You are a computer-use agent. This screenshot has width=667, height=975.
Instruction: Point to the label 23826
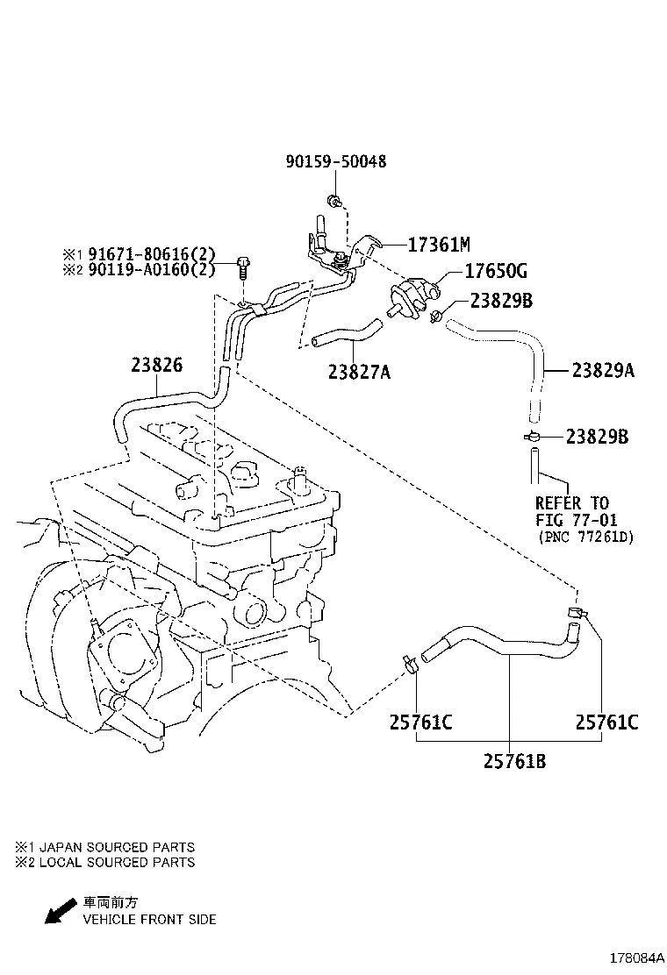157,365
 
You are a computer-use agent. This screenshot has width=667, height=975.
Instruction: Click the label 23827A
359,372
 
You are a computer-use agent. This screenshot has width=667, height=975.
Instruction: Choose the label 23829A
603,371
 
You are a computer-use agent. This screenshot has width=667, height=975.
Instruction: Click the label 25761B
514,761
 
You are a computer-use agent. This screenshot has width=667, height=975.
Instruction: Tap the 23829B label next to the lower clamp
597,437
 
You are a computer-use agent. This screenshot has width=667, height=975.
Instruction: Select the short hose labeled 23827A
345,334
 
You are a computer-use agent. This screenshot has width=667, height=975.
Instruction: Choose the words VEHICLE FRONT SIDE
149,920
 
